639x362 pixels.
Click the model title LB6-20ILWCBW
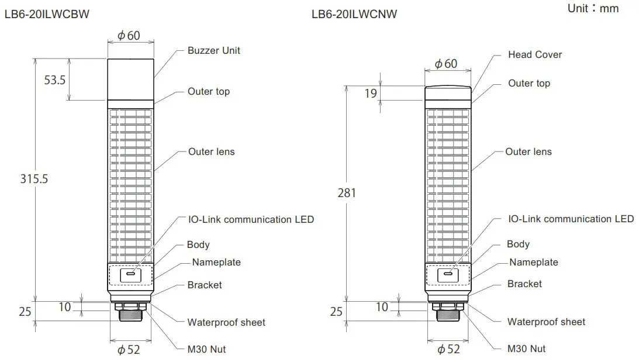pyautogui.click(x=47, y=14)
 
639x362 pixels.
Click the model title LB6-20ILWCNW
pyautogui.click(x=354, y=14)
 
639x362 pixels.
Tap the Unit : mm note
pyautogui.click(x=592, y=8)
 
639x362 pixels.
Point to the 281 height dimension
pyautogui.click(x=347, y=192)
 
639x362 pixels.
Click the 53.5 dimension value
pyautogui.click(x=55, y=80)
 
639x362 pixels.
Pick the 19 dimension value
pyautogui.click(x=371, y=94)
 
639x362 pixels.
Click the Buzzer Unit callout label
pyautogui.click(x=213, y=50)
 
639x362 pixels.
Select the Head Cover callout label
pyautogui.click(x=534, y=54)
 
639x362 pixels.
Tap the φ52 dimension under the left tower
pyautogui.click(x=129, y=350)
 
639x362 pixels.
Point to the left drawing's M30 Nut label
pyautogui.click(x=206, y=349)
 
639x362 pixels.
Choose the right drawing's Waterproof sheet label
pyautogui.click(x=546, y=322)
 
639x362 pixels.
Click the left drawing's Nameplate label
pyautogui.click(x=216, y=262)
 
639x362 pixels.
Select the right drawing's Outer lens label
pyautogui.click(x=528, y=151)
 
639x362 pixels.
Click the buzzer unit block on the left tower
pyautogui.click(x=132, y=79)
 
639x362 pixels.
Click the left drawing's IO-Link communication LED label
pyautogui.click(x=251, y=219)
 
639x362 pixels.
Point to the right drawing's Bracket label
pyautogui.click(x=524, y=284)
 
